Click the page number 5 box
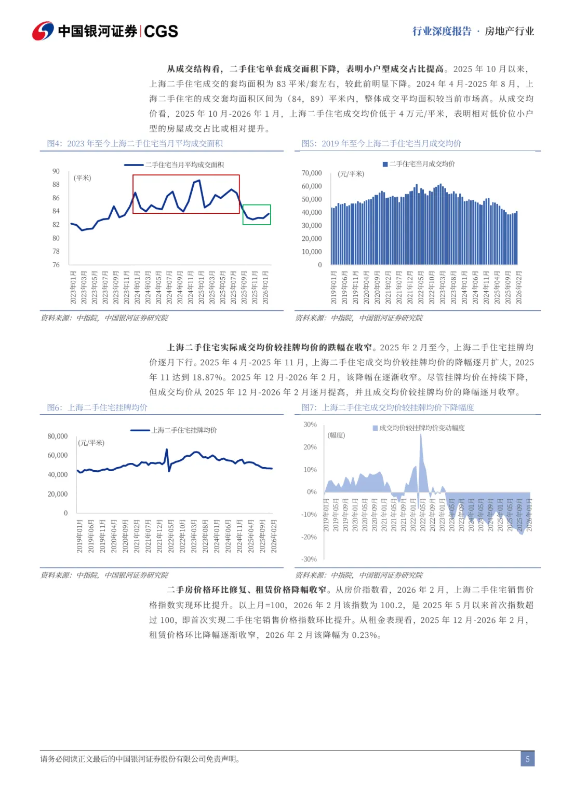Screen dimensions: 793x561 (527, 759)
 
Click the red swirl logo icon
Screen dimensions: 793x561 (43, 31)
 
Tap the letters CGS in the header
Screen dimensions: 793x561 (161, 32)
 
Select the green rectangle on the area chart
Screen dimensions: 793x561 (257, 214)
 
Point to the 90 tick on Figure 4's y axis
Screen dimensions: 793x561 (56, 171)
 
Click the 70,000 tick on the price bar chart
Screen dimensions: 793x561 (312, 173)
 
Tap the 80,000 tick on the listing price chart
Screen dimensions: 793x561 (58, 436)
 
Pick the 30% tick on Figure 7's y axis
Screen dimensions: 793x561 (310, 425)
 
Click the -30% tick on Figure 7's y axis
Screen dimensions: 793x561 (309, 559)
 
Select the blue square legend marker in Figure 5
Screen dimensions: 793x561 (385, 164)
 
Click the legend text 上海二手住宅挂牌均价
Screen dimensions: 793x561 (184, 430)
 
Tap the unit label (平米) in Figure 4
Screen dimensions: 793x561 (83, 178)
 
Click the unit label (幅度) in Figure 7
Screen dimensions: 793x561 (337, 435)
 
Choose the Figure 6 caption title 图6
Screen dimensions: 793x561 (54, 407)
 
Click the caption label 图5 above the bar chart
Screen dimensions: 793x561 (309, 143)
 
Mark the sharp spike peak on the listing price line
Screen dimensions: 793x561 (167, 449)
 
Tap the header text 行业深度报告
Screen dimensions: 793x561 (442, 31)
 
